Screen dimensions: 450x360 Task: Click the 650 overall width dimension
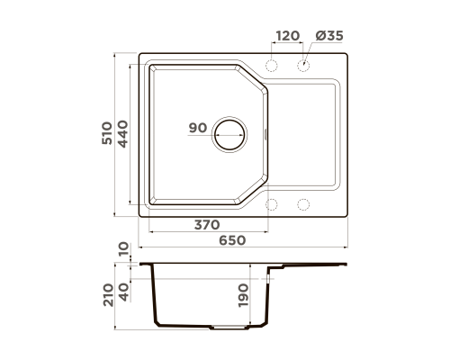[x=232, y=240]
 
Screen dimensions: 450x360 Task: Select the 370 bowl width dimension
[x=207, y=225]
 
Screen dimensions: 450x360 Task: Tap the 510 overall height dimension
[x=107, y=133]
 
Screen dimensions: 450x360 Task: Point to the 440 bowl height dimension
[x=122, y=134]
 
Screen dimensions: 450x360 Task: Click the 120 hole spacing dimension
[x=288, y=36]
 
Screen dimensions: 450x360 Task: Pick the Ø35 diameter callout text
[x=329, y=36]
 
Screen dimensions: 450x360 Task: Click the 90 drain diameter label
[x=198, y=128]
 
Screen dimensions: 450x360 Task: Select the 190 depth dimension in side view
[x=243, y=295]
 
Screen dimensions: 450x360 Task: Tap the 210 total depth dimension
[x=108, y=295]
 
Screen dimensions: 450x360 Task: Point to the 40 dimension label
[x=123, y=292]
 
